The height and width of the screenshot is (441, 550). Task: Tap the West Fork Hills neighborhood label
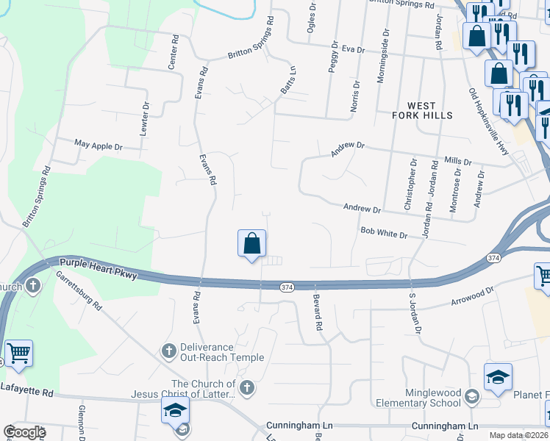tap(426, 110)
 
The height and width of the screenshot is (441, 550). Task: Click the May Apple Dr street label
tap(99, 146)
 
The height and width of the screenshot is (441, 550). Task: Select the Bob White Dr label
tap(383, 232)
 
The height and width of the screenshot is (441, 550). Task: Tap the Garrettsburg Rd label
tap(79, 290)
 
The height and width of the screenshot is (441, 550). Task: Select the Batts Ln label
tap(287, 80)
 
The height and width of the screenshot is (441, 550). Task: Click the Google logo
tap(24, 432)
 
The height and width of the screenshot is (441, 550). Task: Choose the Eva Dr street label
tap(353, 49)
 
